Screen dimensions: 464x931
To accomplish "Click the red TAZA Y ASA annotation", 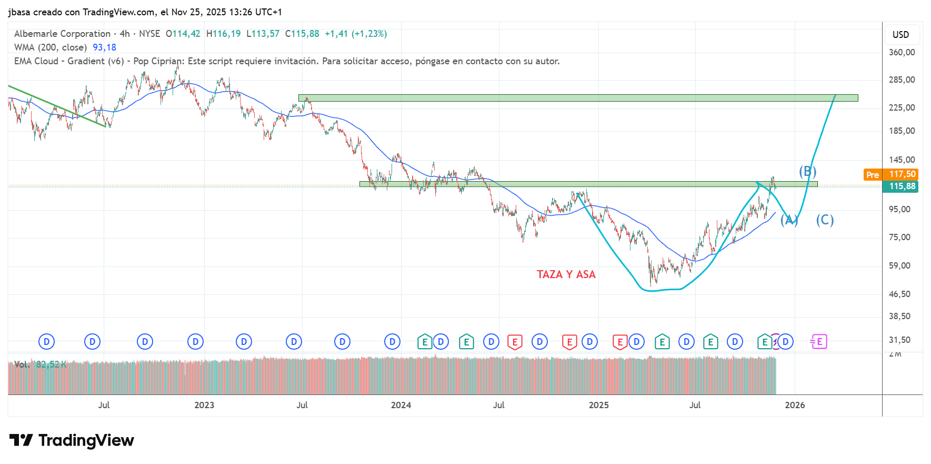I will (x=566, y=274).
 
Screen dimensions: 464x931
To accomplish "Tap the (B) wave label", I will (x=807, y=171).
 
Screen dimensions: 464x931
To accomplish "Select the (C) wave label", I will (x=825, y=220).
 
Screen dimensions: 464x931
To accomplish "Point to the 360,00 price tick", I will (x=902, y=52).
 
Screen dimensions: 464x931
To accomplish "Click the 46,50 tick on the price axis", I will (x=899, y=294).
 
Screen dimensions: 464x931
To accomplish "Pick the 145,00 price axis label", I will (x=902, y=160).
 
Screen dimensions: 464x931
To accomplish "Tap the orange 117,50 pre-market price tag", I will (x=902, y=174).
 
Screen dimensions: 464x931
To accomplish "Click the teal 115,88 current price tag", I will (x=902, y=186).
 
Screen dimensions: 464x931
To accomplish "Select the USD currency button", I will (x=900, y=35).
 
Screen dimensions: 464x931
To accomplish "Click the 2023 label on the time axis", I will (x=204, y=405).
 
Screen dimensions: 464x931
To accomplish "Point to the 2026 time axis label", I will (x=795, y=405).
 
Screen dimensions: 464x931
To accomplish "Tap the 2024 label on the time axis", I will (x=401, y=405).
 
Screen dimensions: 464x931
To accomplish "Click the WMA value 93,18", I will (x=104, y=47).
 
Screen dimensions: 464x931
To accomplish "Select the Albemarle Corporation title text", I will (x=62, y=34).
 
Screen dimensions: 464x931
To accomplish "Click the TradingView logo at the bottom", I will (x=72, y=440).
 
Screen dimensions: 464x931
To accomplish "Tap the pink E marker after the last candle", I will (x=819, y=342).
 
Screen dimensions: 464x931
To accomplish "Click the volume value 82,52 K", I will (x=51, y=364).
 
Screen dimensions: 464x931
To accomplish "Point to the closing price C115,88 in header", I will (x=302, y=34).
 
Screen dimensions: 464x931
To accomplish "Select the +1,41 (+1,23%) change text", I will (x=356, y=34).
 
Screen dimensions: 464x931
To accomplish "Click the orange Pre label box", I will (x=872, y=175).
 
